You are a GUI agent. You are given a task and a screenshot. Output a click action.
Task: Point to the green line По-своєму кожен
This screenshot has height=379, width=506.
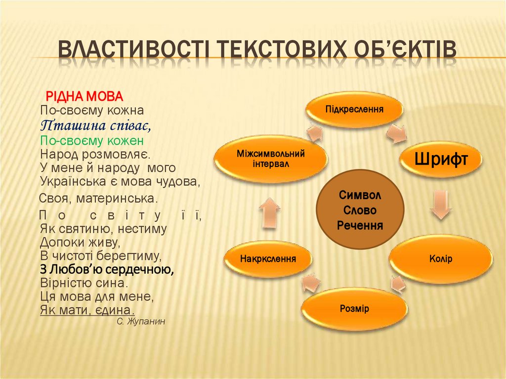(x=92, y=139)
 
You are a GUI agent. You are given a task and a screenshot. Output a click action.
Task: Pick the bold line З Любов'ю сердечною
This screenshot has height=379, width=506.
(x=106, y=270)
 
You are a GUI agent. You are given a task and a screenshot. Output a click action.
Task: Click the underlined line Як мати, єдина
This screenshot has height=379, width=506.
(x=87, y=310)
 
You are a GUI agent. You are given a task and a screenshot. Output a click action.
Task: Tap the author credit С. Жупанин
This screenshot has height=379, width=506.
(x=141, y=321)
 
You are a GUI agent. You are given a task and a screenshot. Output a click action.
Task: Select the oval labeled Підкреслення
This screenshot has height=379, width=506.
(x=354, y=109)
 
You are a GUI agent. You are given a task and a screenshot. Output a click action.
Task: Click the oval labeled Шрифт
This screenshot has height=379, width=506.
(x=441, y=159)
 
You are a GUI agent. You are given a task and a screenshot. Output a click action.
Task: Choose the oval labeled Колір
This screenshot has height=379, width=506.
(x=441, y=258)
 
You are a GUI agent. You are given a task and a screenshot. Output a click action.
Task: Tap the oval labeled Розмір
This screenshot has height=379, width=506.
(x=354, y=309)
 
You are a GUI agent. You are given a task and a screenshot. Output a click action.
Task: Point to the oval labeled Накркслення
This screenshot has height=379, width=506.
(x=268, y=258)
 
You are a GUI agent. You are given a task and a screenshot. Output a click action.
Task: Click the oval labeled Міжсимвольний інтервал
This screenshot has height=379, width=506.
(x=270, y=158)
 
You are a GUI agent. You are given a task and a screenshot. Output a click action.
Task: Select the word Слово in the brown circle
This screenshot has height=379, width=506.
(x=360, y=211)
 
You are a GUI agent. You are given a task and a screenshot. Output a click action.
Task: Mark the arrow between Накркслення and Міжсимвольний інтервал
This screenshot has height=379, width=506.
(x=270, y=212)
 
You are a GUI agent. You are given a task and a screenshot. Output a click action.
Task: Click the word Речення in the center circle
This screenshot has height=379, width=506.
(x=360, y=225)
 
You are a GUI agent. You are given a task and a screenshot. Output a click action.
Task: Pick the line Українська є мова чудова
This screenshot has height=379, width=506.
(x=120, y=181)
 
